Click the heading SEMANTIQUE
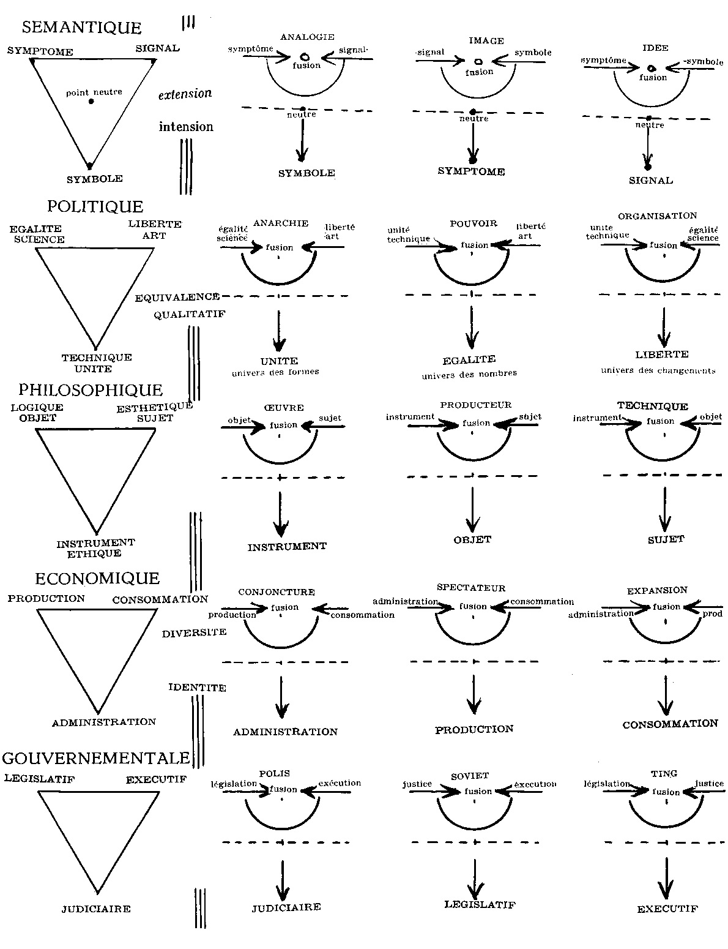(81, 28)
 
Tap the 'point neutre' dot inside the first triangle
(91, 101)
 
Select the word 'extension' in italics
(185, 94)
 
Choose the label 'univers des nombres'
(469, 374)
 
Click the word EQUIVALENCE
(177, 297)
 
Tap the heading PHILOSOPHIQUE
(91, 390)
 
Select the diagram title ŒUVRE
(285, 408)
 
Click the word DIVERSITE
(194, 633)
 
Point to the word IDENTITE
(197, 688)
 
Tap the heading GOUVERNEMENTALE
(96, 758)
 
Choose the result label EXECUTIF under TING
(667, 909)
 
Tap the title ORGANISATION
(657, 216)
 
